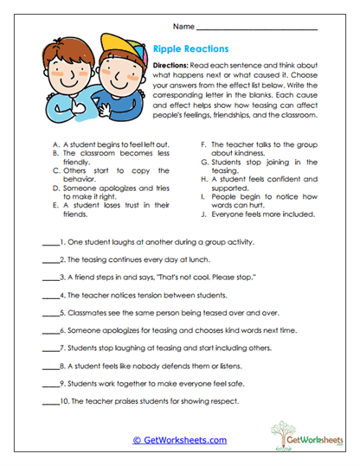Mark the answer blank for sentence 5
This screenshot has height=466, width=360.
(x=49, y=312)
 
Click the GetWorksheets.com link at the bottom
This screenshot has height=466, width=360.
(x=179, y=440)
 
